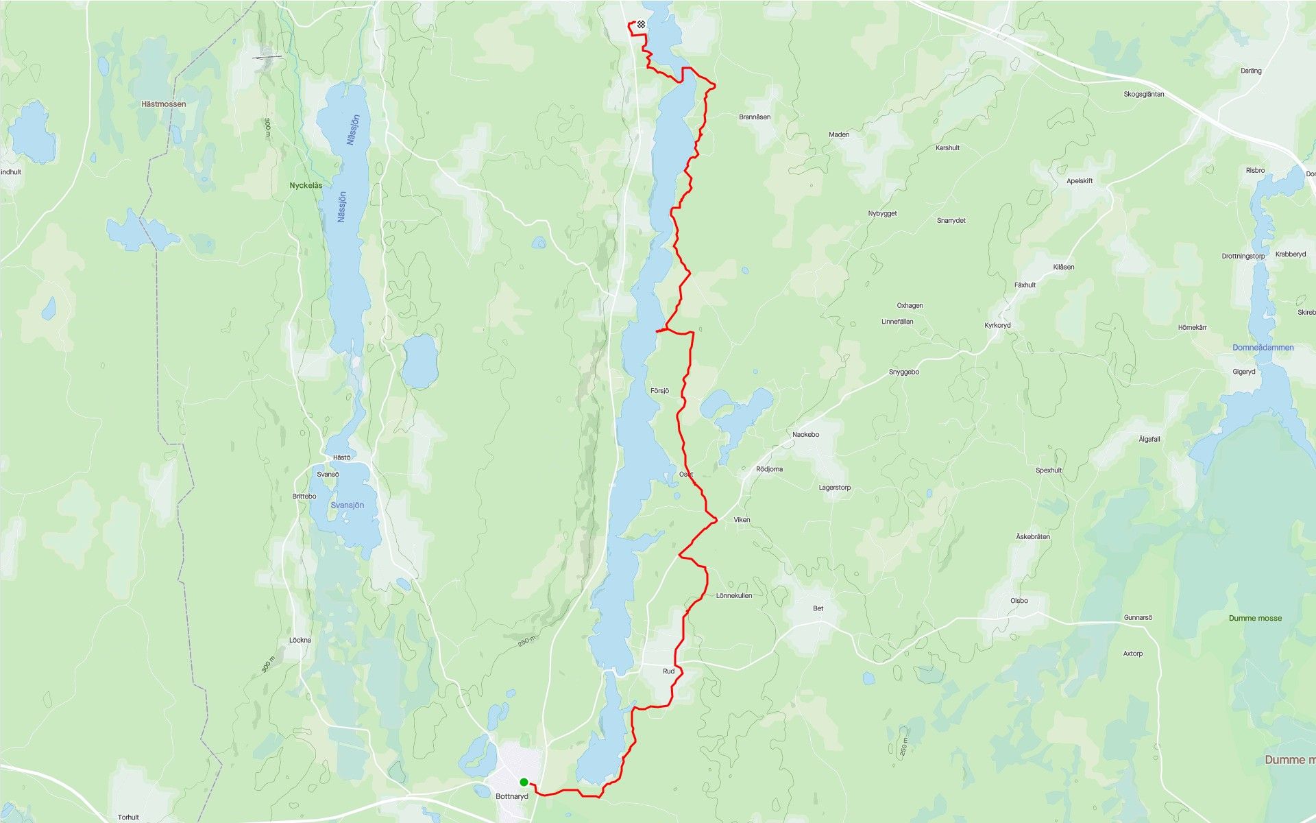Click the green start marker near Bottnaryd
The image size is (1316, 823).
(x=524, y=782)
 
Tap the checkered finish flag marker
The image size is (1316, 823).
(x=641, y=25)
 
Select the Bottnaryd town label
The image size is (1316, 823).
(x=512, y=796)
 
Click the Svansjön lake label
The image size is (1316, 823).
(x=348, y=505)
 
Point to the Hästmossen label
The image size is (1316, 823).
(x=164, y=104)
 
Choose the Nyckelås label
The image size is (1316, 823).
(x=306, y=186)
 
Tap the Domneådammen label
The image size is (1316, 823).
(x=1263, y=348)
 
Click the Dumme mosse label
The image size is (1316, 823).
(x=1255, y=618)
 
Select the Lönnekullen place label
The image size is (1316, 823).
(x=734, y=595)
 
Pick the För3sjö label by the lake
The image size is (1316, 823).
(x=659, y=391)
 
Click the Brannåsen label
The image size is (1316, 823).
(x=755, y=117)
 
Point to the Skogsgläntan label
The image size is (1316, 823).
(x=1144, y=94)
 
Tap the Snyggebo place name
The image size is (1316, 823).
(x=904, y=372)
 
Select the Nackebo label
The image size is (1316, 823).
(x=805, y=434)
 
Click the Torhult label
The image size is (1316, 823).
(x=128, y=817)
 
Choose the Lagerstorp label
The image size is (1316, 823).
(x=835, y=488)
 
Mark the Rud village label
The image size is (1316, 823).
(x=668, y=671)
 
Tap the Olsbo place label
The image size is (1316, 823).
(x=1019, y=601)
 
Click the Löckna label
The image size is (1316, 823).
(x=300, y=640)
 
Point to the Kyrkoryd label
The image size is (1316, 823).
(x=997, y=325)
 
